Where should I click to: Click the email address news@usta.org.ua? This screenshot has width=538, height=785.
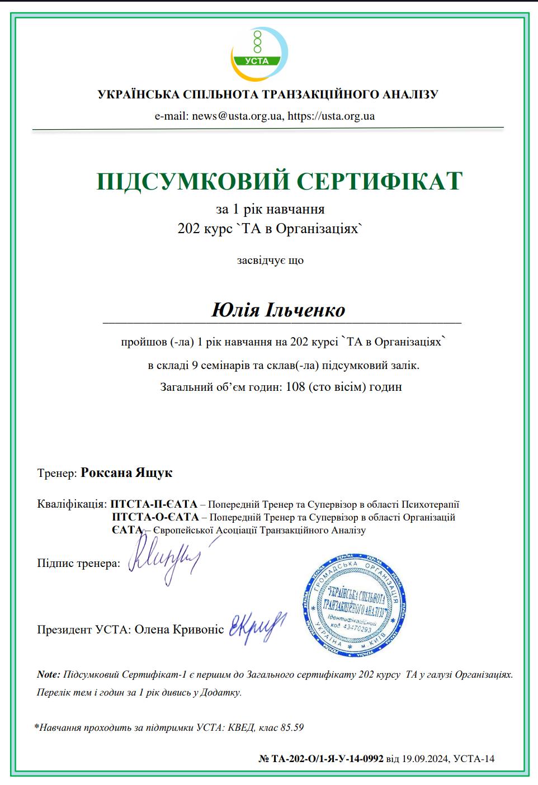[237, 116]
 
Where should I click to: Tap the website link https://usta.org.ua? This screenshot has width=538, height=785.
[331, 116]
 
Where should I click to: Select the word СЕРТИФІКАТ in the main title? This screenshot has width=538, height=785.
[380, 181]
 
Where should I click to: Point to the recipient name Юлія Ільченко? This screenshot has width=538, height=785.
[278, 310]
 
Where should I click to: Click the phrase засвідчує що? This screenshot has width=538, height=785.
[270, 260]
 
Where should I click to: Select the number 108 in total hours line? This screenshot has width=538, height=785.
[295, 386]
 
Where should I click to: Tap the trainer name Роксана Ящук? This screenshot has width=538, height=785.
[126, 472]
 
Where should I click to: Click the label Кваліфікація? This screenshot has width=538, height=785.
[72, 504]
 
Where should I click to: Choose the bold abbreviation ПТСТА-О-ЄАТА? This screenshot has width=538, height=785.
[155, 517]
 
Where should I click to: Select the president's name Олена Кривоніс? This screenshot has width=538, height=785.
[179, 630]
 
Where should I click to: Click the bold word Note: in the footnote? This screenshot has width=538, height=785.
[48, 675]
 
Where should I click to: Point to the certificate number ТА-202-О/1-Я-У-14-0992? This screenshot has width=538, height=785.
[327, 759]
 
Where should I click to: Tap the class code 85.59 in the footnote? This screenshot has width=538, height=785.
[292, 727]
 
